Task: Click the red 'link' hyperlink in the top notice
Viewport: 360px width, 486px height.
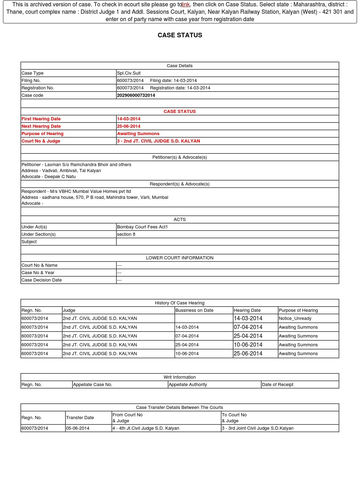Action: pos(186,5)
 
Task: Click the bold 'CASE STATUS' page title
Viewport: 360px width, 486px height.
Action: pos(180,35)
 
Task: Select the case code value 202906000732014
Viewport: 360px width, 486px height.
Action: pos(136,95)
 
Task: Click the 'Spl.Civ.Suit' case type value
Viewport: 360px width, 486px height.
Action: pos(129,73)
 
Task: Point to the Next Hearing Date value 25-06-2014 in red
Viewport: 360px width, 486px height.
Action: pos(129,126)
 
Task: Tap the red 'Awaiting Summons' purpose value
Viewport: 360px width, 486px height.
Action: pos(138,134)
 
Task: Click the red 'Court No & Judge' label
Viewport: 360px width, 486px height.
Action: pos(41,141)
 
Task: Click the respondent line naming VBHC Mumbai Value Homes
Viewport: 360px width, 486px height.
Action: pos(76,191)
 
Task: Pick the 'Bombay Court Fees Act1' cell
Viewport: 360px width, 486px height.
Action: pos(142,227)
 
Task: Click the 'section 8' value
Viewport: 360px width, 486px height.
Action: pos(126,234)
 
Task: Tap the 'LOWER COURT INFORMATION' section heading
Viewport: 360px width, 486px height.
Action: pos(180,258)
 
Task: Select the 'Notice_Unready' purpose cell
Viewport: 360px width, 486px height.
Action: pos(295,318)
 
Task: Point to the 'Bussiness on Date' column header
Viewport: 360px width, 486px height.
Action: pos(194,310)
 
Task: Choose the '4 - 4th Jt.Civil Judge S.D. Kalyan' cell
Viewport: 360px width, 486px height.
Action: pos(146,428)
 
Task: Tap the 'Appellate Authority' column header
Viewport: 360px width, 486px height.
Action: pos(188,385)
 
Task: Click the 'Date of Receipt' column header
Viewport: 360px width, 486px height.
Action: pos(277,385)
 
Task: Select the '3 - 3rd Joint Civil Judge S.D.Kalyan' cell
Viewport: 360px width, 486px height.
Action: pos(258,428)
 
